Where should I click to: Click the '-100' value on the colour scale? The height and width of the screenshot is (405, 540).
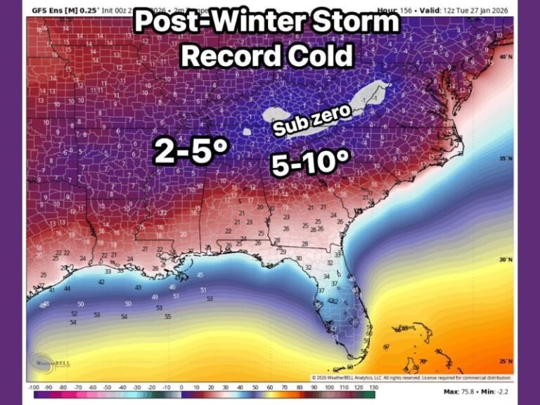coord(34,387)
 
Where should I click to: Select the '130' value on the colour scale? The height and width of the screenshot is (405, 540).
coord(373,387)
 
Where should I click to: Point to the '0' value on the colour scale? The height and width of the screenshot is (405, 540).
coord(181,387)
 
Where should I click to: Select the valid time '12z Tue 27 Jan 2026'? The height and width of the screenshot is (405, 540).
coord(479,11)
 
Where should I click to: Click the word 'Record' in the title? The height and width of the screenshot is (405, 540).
coord(229,56)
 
